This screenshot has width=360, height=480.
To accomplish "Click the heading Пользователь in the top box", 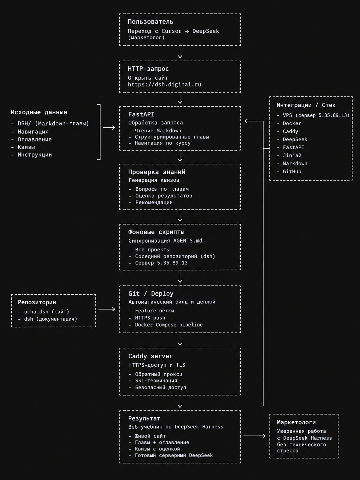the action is coord(150,22).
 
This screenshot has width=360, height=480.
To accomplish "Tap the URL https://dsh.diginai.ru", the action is coord(164,85).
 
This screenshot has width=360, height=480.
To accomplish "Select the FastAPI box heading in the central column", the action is coord(141,114).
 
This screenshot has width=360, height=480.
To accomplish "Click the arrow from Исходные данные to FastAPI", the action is coord(109,128).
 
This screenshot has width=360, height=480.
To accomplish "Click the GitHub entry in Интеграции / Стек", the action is coord(289,171).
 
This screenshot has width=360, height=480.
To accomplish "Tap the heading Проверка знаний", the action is coord(157,172).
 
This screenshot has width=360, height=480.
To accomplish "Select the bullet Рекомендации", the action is coord(151,202).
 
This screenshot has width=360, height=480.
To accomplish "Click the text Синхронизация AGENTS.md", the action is coord(165,241).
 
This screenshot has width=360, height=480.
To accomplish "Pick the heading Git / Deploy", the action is coord(151,293).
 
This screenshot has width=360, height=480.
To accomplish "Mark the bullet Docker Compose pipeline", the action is coord(166,325).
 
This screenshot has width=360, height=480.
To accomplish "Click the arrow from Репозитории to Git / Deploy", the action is coord(107,309).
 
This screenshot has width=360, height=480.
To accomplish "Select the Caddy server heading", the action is coord(150,356).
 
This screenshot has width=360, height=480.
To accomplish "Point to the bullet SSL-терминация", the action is coord(153,380).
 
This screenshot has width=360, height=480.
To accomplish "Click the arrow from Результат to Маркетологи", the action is coord(255,436).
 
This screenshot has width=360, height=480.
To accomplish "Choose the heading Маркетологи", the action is coord(296,422).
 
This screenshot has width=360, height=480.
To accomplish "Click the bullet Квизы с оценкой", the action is coord(154,449).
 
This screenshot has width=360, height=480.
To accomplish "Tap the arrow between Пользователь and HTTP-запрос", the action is coord(180,53).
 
